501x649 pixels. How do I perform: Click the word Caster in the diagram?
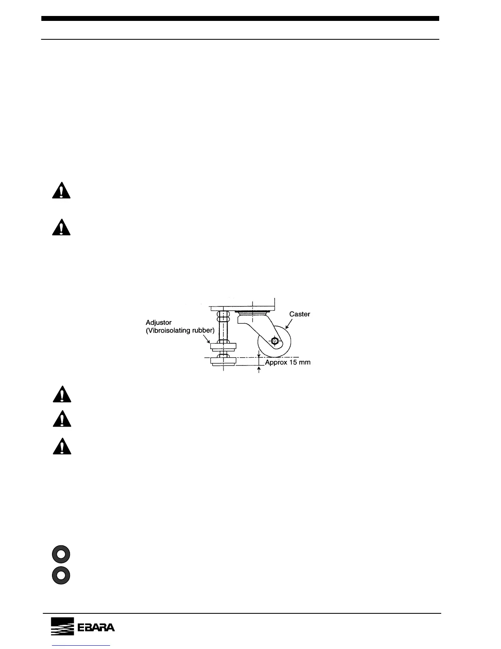(x=300, y=314)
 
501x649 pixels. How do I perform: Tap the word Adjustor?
(x=159, y=323)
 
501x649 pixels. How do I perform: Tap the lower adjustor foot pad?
(x=223, y=362)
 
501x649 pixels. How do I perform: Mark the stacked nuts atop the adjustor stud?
(x=223, y=317)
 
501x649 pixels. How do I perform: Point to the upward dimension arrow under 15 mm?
(x=259, y=370)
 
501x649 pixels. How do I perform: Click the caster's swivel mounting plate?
(x=252, y=313)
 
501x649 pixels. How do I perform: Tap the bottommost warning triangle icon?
(x=62, y=446)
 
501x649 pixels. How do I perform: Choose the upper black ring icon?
(x=61, y=554)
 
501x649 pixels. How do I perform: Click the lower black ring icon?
(x=61, y=575)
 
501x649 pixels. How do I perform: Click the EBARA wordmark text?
(x=96, y=628)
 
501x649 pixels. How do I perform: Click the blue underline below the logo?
(x=82, y=646)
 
